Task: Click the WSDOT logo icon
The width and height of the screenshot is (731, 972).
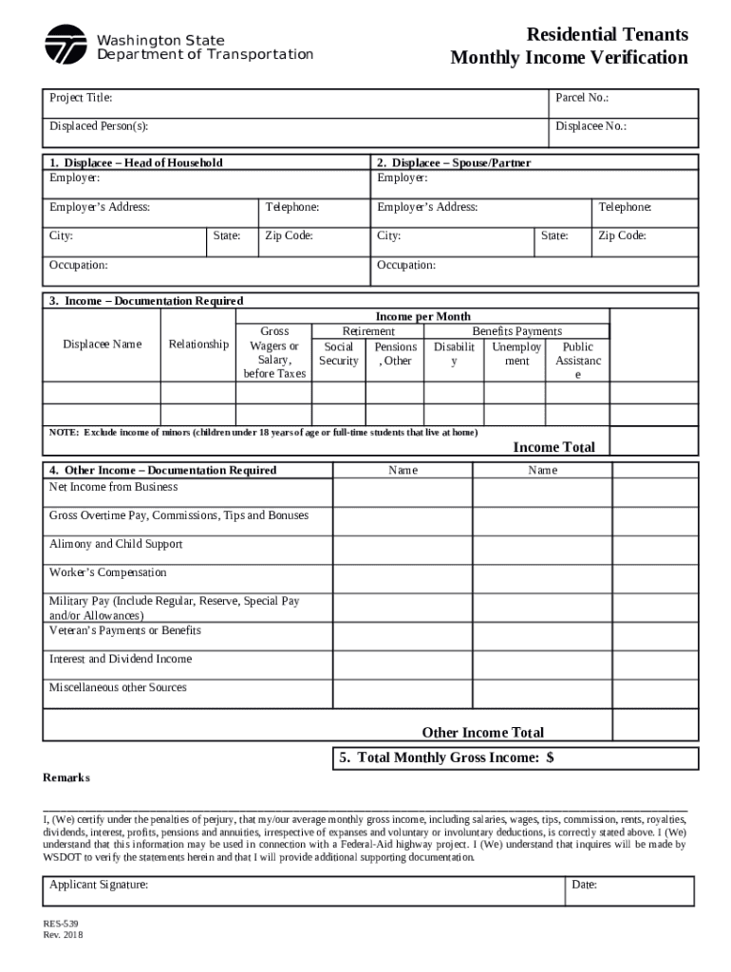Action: click(66, 45)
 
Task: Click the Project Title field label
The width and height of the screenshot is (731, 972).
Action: click(81, 98)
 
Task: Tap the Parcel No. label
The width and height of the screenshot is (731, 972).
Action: click(582, 98)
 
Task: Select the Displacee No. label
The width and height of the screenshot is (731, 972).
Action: click(590, 126)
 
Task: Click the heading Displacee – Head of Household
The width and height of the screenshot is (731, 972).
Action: click(136, 162)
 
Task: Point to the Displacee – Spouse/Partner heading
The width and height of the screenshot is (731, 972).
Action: click(454, 162)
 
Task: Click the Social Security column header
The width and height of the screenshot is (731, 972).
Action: click(339, 354)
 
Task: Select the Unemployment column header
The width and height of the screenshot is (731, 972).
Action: click(516, 354)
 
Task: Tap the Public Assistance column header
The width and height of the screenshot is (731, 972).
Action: click(577, 361)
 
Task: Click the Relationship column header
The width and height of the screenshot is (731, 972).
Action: click(198, 344)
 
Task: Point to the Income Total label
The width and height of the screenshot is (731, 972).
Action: click(553, 447)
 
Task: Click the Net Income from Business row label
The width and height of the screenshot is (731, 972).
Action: click(113, 487)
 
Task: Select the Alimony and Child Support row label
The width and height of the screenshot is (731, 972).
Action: click(116, 544)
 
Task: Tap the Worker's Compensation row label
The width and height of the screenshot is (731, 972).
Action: click(107, 572)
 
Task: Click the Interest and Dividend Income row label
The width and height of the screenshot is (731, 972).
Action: click(121, 659)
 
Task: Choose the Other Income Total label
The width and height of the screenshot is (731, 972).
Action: click(482, 732)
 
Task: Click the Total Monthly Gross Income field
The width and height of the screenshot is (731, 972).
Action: click(515, 757)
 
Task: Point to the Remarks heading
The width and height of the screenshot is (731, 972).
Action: click(66, 777)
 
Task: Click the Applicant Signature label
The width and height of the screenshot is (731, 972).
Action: click(99, 885)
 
